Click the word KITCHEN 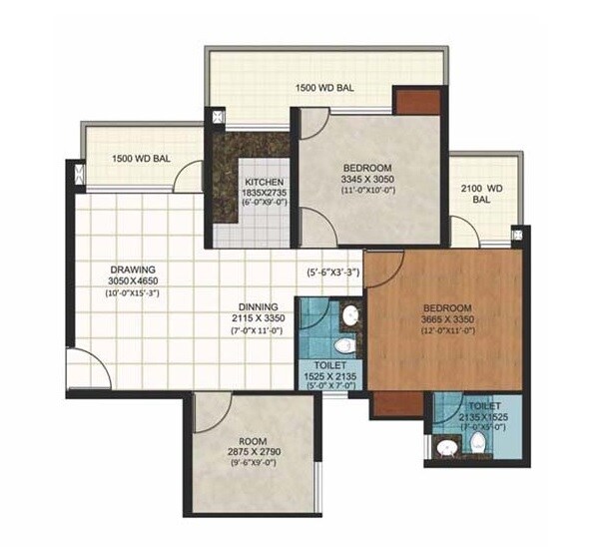point(265,181)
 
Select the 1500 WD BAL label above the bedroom point(324,88)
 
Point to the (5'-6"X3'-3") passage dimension point(333,269)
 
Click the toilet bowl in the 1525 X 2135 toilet point(344,346)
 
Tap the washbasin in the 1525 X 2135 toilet point(350,318)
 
